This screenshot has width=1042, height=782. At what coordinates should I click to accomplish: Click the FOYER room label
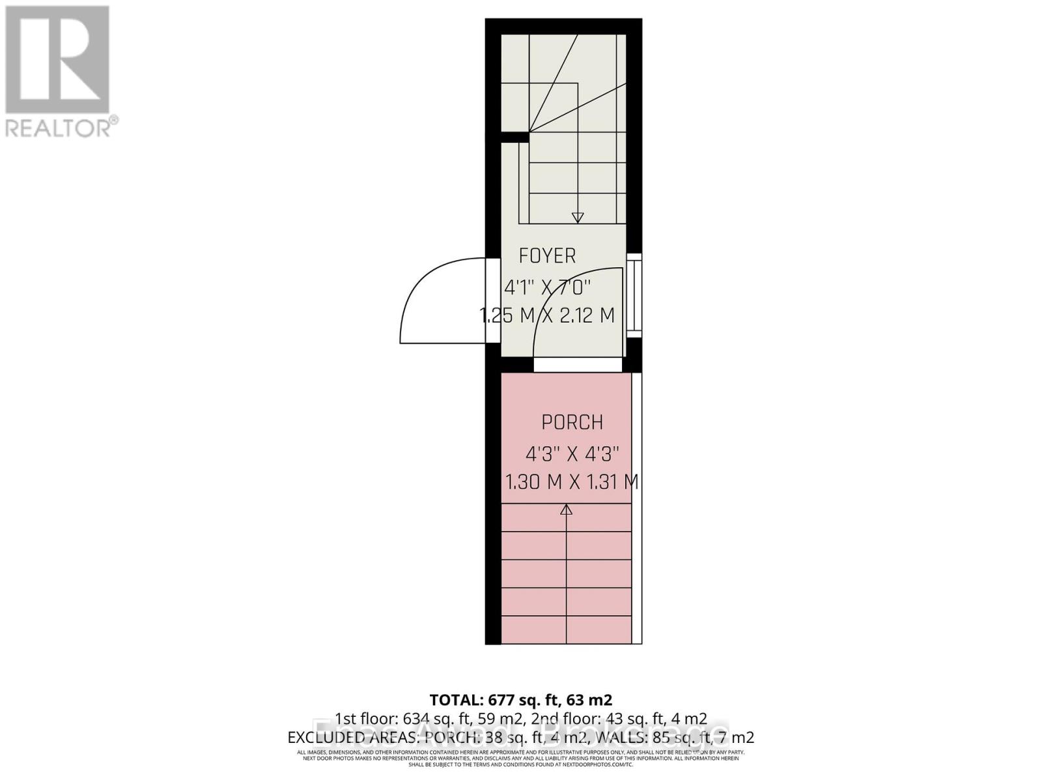pos(547,256)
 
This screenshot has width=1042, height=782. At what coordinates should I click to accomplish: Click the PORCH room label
pos(572,422)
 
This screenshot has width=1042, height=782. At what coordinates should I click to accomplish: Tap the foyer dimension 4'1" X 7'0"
pos(548,286)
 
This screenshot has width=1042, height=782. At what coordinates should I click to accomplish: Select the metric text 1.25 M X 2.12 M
pos(547,315)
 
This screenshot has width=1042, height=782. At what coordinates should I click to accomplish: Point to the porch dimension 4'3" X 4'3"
pos(572,453)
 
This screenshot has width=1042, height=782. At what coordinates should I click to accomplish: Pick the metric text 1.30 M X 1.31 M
pos(572,482)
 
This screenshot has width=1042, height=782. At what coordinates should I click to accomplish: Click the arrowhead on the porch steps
pos(567,510)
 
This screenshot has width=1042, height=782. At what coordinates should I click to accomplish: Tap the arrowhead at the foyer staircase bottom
pos(578,218)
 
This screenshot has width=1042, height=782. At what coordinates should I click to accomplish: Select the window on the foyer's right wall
pos(634,295)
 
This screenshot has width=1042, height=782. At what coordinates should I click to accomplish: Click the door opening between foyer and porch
pos(578,365)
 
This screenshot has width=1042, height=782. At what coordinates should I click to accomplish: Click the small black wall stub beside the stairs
pos(514,137)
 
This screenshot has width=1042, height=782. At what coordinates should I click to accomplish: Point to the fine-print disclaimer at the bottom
pos(521,758)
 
